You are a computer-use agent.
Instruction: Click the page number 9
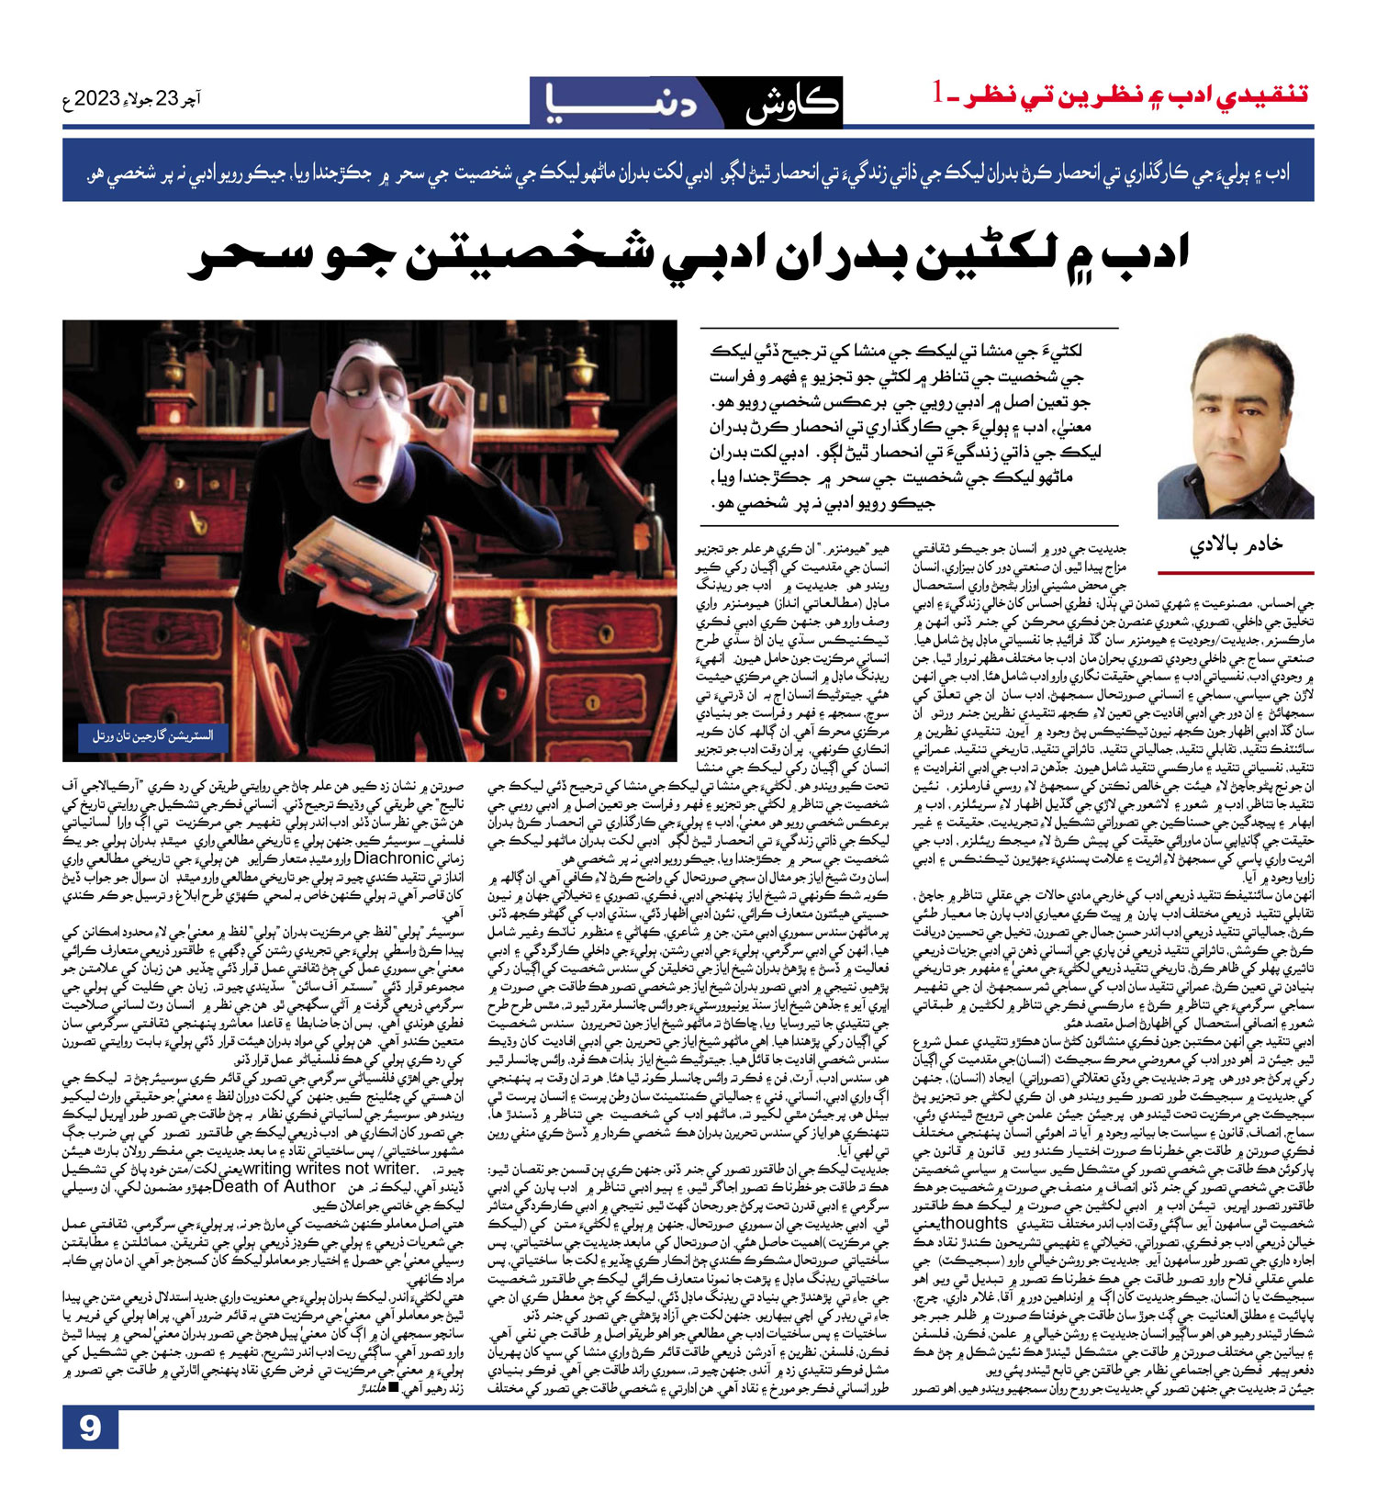[90, 1429]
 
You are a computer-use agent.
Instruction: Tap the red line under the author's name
[1236, 572]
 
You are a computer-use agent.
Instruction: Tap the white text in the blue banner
[688, 172]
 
